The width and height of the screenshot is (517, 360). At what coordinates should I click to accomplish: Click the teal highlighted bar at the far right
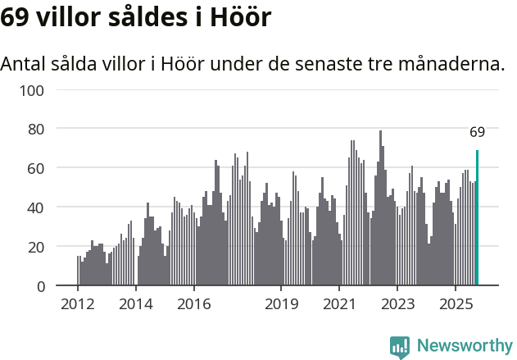[x=477, y=218]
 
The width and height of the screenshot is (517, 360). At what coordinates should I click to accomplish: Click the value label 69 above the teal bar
[x=477, y=132]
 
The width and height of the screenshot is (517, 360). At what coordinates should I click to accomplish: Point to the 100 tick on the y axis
[x=30, y=89]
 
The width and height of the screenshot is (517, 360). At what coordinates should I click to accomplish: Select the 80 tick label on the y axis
[x=34, y=129]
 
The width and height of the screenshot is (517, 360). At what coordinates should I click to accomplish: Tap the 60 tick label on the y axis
[x=34, y=168]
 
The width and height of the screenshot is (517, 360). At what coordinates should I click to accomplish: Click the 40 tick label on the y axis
[x=34, y=207]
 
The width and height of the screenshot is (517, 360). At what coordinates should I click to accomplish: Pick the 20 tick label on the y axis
[x=34, y=247]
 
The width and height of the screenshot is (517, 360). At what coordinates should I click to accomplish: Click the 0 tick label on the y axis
[x=39, y=286]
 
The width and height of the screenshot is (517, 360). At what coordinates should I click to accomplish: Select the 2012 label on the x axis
[x=78, y=304]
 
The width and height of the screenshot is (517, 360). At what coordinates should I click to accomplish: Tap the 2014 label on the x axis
[x=136, y=304]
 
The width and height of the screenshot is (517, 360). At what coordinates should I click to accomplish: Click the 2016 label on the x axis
[x=193, y=304]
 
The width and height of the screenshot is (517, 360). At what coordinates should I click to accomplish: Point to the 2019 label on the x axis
[x=281, y=304]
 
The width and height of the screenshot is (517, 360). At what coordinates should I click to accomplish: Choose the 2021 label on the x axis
[x=339, y=304]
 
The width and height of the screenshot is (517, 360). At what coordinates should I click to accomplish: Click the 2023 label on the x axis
[x=397, y=304]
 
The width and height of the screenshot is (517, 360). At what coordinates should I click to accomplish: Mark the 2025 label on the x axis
[x=455, y=304]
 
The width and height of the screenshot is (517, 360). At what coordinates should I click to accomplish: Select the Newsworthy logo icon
[x=400, y=347]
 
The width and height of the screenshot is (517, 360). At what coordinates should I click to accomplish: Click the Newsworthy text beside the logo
[x=464, y=346]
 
